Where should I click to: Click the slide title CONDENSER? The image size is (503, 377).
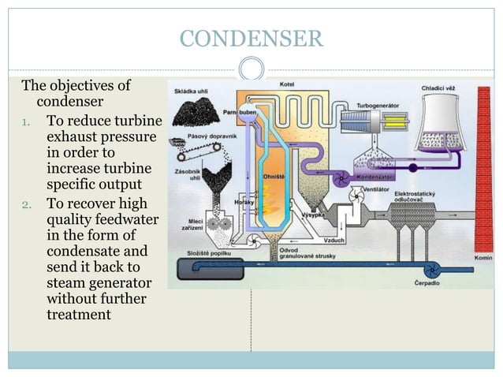point(251,36)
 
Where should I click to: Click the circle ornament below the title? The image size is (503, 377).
point(251,69)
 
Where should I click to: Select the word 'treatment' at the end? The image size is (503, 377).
point(79,315)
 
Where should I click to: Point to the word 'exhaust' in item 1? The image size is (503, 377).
point(73,138)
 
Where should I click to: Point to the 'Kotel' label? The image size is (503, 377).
point(287,84)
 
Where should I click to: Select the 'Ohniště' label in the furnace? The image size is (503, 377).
point(274,178)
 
